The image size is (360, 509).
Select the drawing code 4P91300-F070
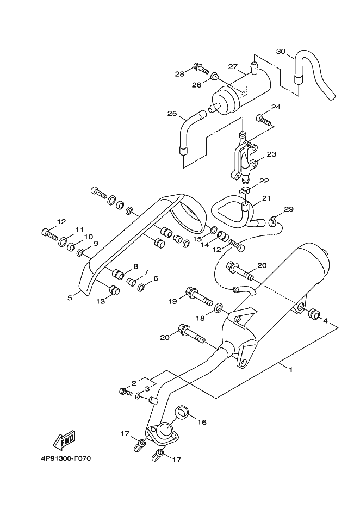(66, 458)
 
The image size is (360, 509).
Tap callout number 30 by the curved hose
(281, 51)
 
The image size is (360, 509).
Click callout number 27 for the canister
(233, 66)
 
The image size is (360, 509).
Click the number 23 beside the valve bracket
(271, 154)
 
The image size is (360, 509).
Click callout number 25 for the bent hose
(172, 113)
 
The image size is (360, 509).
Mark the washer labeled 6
(141, 287)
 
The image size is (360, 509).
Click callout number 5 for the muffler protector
(70, 297)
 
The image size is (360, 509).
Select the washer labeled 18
(218, 306)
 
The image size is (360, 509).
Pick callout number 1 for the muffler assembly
(291, 369)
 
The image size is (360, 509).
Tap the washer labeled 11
(63, 241)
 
